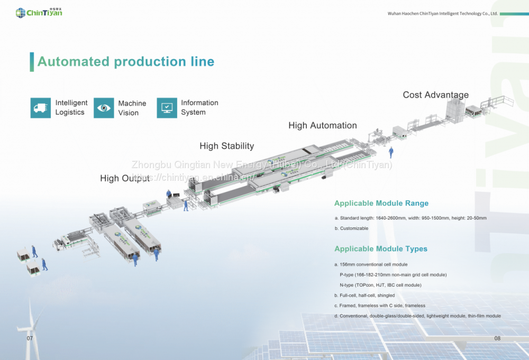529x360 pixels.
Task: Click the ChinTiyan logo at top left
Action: (39, 12)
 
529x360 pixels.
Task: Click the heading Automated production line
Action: (126, 61)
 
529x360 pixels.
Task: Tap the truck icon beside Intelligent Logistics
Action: (41, 108)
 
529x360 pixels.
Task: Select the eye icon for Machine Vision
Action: (104, 108)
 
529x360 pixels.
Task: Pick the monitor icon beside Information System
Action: (167, 108)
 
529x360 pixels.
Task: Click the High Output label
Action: (125, 179)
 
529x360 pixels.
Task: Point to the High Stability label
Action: (226, 146)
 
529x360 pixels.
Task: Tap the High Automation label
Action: (322, 126)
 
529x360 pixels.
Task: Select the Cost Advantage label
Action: (435, 95)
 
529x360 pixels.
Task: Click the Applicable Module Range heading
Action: (381, 204)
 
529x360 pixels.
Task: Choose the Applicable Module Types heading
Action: (380, 249)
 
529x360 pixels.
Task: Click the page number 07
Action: (30, 338)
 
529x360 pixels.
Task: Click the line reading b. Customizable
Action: (351, 228)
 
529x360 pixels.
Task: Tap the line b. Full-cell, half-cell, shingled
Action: (364, 296)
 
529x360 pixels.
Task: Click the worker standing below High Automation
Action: (391, 152)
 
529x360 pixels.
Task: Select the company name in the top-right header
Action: (442, 13)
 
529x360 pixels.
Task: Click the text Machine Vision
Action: (132, 108)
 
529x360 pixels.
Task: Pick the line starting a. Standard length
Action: (410, 218)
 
